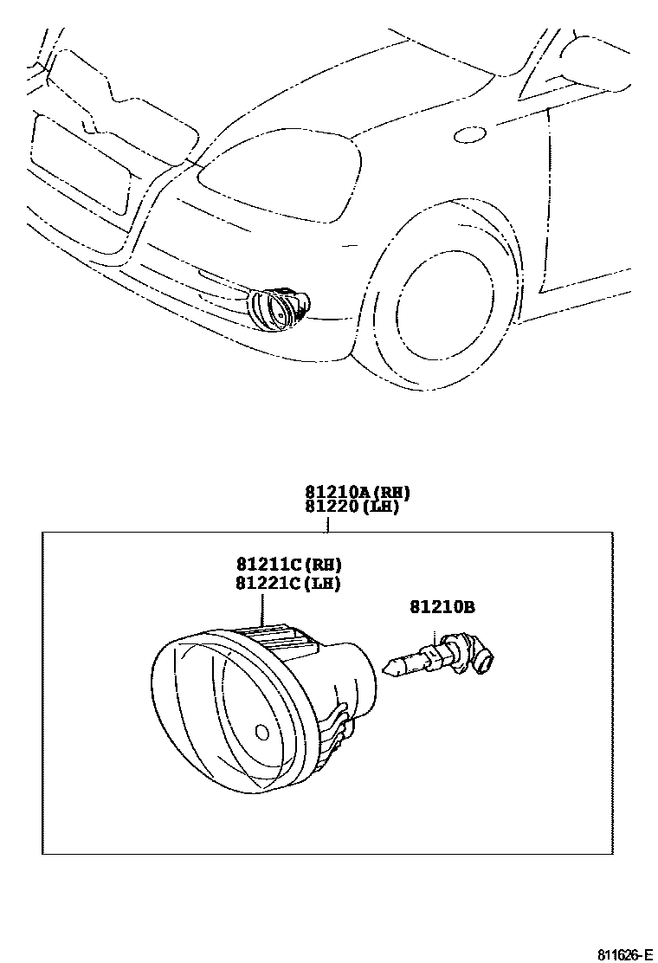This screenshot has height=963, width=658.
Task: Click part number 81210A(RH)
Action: (x=356, y=493)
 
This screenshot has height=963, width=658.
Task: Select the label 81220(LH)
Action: (x=352, y=507)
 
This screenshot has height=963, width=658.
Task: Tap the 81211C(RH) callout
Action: (x=287, y=566)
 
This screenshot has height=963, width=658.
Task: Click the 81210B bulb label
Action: (x=442, y=608)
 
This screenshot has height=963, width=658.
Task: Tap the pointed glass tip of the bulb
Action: (x=389, y=668)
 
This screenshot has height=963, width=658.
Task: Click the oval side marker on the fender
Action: (x=472, y=134)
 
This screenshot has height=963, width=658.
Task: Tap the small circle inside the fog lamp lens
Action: (x=262, y=732)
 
